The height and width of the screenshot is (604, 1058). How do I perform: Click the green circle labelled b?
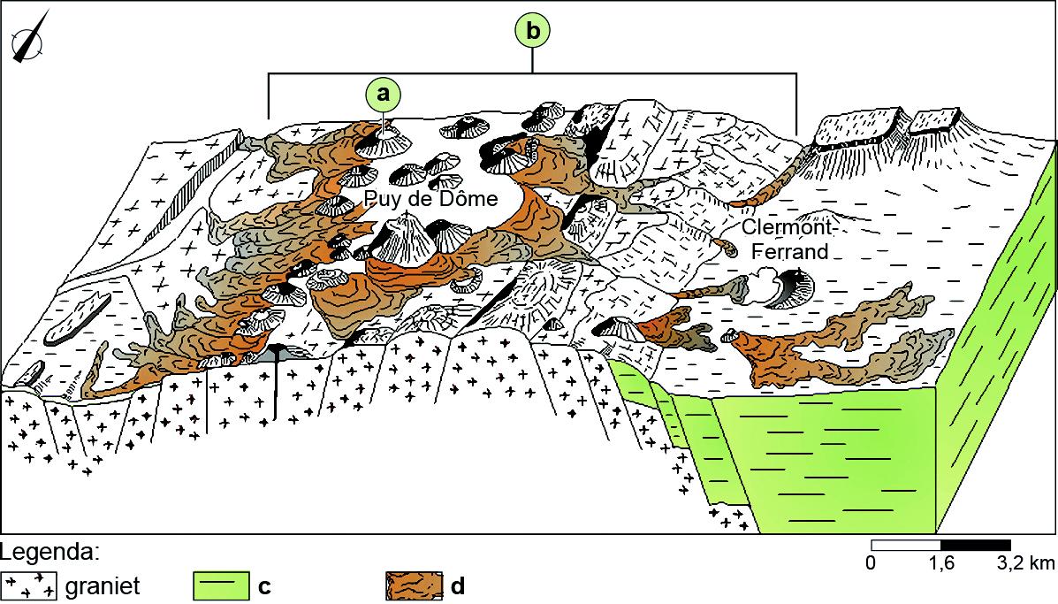click(x=532, y=31)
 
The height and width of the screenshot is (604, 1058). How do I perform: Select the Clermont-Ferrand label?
click(x=785, y=239)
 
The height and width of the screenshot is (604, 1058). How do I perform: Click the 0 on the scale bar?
click(x=872, y=562)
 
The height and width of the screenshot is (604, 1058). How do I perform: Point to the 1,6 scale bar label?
click(x=940, y=562)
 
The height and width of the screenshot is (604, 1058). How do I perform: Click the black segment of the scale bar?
click(x=975, y=544)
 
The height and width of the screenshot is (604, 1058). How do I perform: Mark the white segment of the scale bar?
click(x=906, y=544)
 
